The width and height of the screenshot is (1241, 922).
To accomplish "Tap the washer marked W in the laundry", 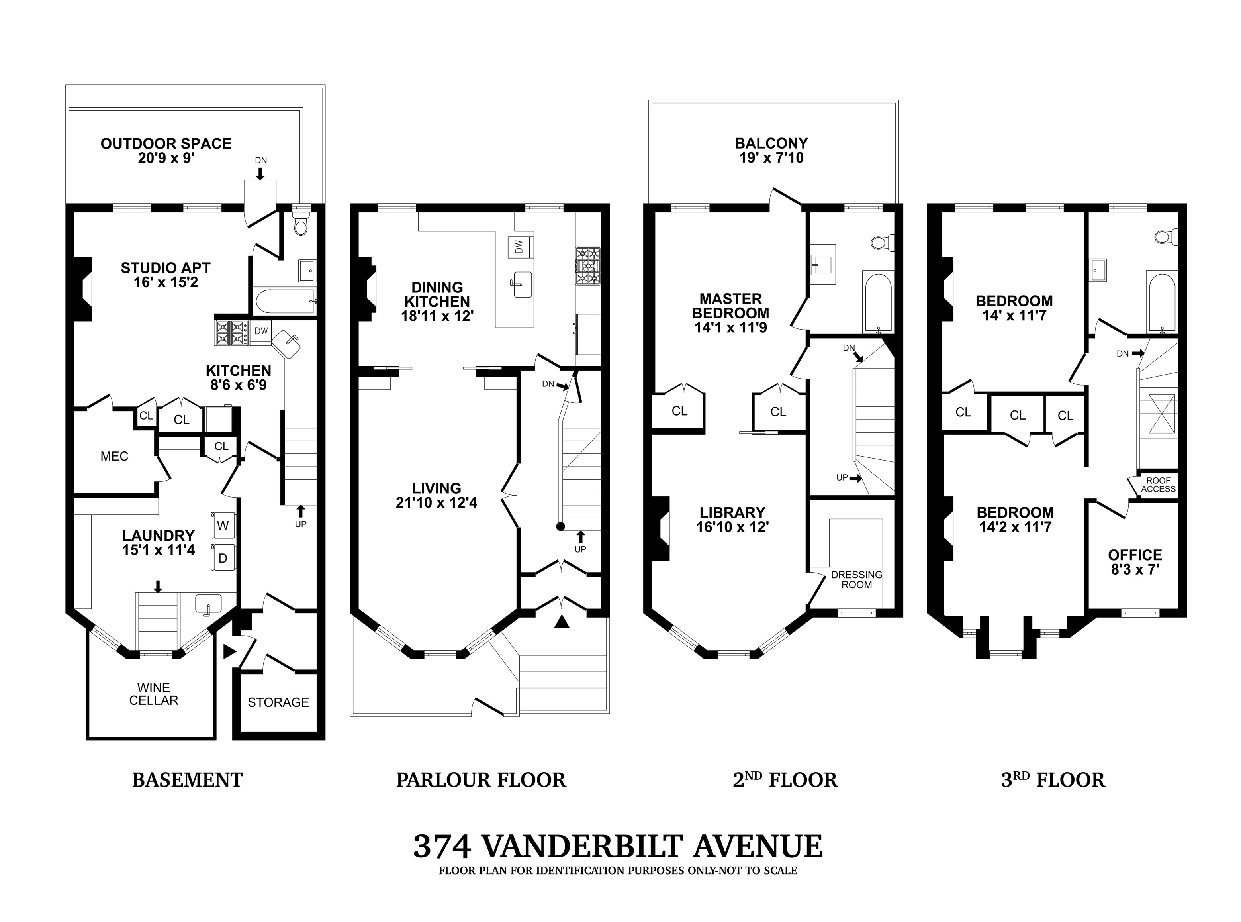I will [x=223, y=525].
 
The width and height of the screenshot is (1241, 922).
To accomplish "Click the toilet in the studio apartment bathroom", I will [x=301, y=225].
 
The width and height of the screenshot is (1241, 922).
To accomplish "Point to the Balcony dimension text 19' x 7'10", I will [x=771, y=158].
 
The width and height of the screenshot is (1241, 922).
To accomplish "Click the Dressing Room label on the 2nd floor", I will [x=856, y=579].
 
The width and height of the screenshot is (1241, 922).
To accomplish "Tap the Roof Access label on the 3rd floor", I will [x=1158, y=485].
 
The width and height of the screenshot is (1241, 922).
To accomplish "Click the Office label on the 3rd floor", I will [x=1135, y=555].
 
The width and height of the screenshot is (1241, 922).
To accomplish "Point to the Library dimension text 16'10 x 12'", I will [x=732, y=527].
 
